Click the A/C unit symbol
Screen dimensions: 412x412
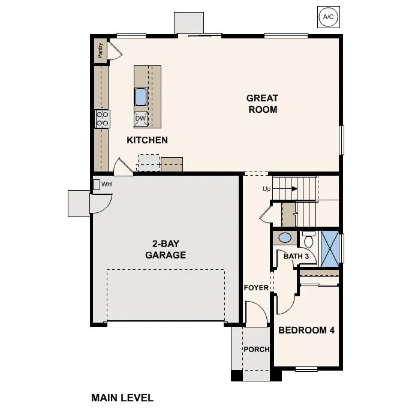pyautogui.click(x=328, y=17)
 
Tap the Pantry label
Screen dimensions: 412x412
pyautogui.click(x=100, y=50)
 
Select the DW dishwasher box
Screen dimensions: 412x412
pyautogui.click(x=141, y=118)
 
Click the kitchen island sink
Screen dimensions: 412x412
pyautogui.click(x=141, y=97)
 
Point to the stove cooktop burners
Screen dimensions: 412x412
pyautogui.click(x=103, y=118)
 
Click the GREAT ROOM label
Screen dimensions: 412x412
pyautogui.click(x=262, y=104)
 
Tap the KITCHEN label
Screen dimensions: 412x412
pyautogui.click(x=147, y=140)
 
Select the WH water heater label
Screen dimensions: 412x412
pyautogui.click(x=106, y=184)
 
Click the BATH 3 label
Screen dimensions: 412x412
pyautogui.click(x=296, y=257)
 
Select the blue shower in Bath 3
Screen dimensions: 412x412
pyautogui.click(x=329, y=246)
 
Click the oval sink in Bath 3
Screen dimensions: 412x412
pyautogui.click(x=285, y=238)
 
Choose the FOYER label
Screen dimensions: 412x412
pyautogui.click(x=256, y=288)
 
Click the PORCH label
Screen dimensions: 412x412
pyautogui.click(x=256, y=350)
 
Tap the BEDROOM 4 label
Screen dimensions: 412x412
pyautogui.click(x=306, y=330)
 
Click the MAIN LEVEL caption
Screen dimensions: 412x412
pyautogui.click(x=122, y=397)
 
